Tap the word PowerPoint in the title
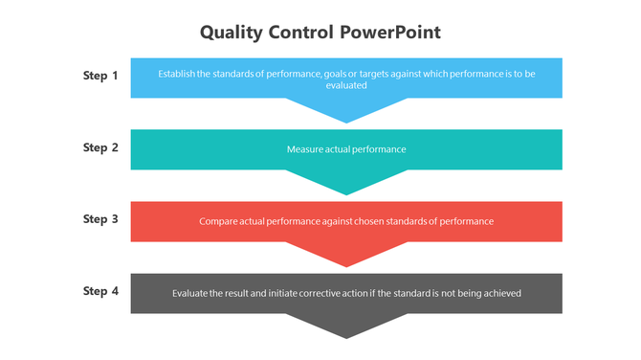coord(390,32)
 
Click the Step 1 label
coord(100,75)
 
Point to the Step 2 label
coord(100,147)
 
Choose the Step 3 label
coord(100,219)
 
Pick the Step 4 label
coord(100,291)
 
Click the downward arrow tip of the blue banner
coord(346,116)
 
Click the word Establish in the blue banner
coord(176,72)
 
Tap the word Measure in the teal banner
coord(304,149)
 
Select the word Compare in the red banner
coord(217,221)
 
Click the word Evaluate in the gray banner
coord(190,293)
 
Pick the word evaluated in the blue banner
coord(345,84)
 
